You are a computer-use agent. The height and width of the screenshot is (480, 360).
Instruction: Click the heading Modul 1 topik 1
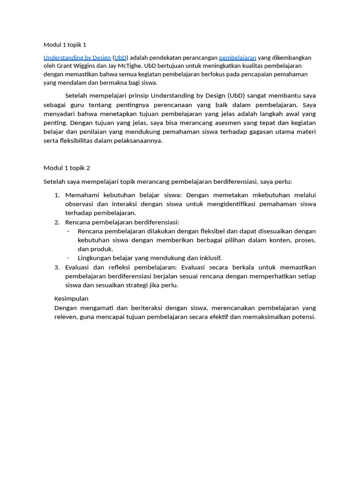[65, 45]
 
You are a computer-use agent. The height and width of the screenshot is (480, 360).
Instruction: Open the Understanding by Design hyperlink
[77, 58]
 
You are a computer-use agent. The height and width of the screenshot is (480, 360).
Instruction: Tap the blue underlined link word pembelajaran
[238, 58]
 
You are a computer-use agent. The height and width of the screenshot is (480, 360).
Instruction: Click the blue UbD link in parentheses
[120, 58]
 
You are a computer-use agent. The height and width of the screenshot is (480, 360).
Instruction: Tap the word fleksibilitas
[78, 141]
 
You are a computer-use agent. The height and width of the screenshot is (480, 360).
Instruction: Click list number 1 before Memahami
[57, 195]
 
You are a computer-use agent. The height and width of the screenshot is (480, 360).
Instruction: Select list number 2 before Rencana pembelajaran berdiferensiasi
[57, 222]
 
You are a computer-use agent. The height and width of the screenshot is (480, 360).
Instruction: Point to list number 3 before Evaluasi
[57, 267]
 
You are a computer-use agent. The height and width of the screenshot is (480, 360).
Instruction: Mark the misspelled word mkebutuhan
[272, 195]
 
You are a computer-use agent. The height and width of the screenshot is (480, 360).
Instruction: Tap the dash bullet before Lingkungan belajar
[68, 258]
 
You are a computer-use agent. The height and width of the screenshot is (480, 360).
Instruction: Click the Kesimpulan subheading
[71, 299]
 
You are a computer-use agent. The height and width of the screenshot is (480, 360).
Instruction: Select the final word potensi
[303, 317]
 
